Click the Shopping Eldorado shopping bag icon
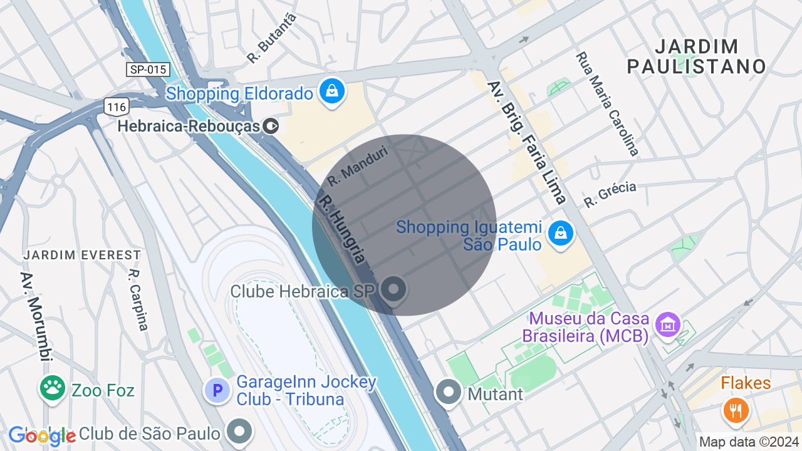[x=332, y=91]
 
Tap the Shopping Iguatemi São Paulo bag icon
[x=560, y=234]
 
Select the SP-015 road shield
[x=148, y=69]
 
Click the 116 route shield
[x=117, y=107]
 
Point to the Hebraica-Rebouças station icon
[x=271, y=126]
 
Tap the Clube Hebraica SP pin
[x=393, y=290]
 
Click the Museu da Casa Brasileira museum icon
[x=668, y=324]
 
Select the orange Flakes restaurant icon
[x=736, y=410]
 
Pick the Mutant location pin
[x=449, y=393]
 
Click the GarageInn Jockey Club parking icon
[x=217, y=391]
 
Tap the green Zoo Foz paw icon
[x=53, y=390]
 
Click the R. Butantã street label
[x=271, y=38]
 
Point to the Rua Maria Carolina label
[x=607, y=103]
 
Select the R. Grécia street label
[x=610, y=194]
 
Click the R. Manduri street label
[x=358, y=165]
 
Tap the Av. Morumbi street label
[x=35, y=316]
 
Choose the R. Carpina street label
[x=138, y=299]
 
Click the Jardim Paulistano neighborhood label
[x=697, y=56]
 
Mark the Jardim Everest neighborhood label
[x=82, y=255]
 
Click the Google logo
[x=42, y=436]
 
